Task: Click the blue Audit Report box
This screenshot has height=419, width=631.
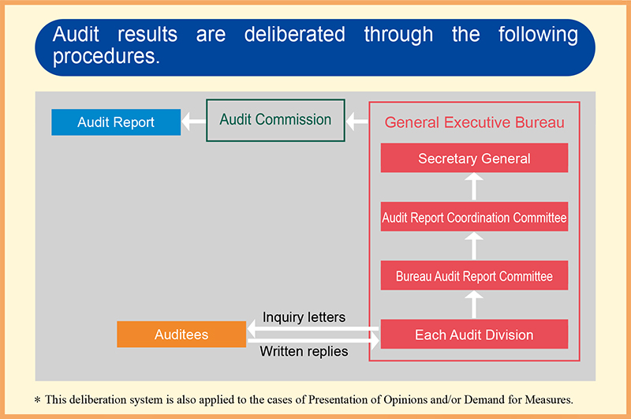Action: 116,122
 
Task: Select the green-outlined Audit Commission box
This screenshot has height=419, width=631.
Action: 275,121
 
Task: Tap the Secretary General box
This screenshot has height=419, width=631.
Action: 475,158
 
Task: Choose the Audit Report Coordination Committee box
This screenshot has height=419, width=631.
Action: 475,217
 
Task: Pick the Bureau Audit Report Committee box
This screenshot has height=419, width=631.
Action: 475,275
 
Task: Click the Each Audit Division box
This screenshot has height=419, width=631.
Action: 475,334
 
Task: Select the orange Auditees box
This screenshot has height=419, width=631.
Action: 181,334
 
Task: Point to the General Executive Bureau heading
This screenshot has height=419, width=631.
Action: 475,122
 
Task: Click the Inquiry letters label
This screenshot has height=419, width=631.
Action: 304,317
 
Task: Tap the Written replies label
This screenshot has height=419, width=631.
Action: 304,351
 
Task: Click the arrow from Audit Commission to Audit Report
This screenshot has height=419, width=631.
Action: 193,122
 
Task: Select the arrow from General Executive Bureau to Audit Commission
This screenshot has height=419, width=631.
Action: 357,122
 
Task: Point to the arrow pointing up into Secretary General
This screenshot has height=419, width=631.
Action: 474,186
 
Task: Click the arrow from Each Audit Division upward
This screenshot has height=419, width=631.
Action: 474,305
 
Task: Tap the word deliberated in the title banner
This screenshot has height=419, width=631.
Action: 294,34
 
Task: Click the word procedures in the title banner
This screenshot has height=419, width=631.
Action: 106,56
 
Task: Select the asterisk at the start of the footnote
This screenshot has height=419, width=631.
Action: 37,400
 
